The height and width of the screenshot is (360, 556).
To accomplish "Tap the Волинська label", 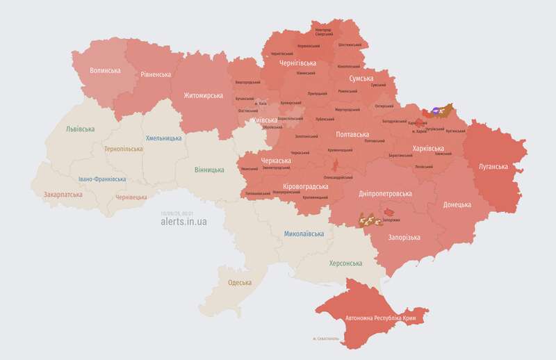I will (106, 71).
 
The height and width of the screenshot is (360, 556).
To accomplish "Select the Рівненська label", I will (156, 74).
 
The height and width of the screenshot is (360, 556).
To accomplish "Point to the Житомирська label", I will (203, 95).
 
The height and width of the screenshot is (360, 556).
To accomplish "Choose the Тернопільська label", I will (124, 149).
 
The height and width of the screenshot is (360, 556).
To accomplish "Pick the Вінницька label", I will (209, 170).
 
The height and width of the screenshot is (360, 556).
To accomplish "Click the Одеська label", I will (240, 283).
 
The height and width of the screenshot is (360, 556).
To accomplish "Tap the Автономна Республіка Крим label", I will (386, 318).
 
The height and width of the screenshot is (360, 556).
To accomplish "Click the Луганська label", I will (493, 167).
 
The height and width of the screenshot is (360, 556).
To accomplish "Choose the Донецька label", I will (457, 204).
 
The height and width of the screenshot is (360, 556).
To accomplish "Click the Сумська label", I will (361, 79).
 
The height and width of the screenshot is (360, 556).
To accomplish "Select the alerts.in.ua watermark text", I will (183, 221).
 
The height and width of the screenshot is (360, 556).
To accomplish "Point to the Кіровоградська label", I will (304, 187).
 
